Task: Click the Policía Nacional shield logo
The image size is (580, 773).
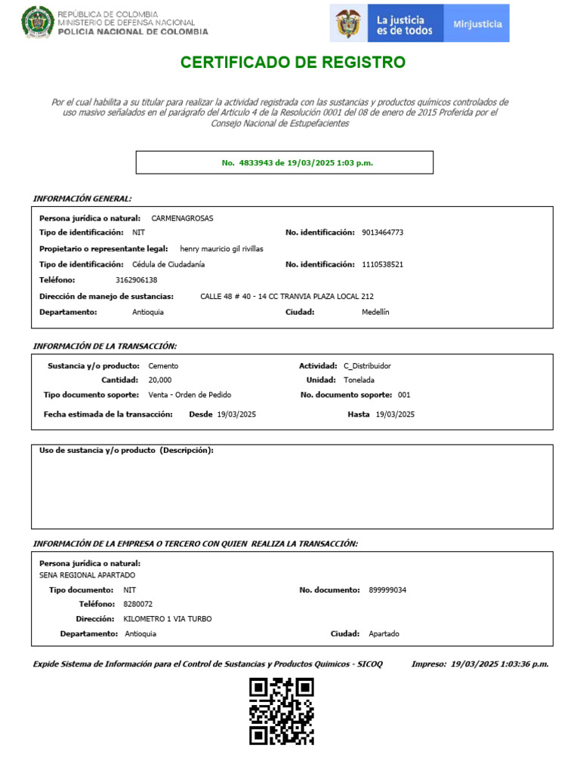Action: [x=37, y=23]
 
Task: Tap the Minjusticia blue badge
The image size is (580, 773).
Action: [x=477, y=23]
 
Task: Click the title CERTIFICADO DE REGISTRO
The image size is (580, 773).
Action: [x=293, y=62]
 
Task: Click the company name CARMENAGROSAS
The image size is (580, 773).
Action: [x=182, y=218]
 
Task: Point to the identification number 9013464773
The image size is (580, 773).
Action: [x=383, y=233]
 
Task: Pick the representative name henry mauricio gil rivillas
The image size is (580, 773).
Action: [x=221, y=248]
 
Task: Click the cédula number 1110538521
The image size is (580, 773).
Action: [x=383, y=264]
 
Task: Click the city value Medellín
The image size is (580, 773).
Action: [x=375, y=312]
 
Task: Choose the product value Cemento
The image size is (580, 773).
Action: [x=164, y=365]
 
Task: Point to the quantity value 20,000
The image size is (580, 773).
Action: [x=160, y=380]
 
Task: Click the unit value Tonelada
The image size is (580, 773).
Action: [x=359, y=380]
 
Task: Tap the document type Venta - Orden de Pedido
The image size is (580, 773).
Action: [x=190, y=395]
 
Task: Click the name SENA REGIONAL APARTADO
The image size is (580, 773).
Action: [x=87, y=575]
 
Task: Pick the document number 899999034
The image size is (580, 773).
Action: [x=387, y=590]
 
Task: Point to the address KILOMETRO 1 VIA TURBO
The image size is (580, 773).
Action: [x=168, y=619]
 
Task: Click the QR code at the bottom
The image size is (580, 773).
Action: [x=282, y=710]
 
